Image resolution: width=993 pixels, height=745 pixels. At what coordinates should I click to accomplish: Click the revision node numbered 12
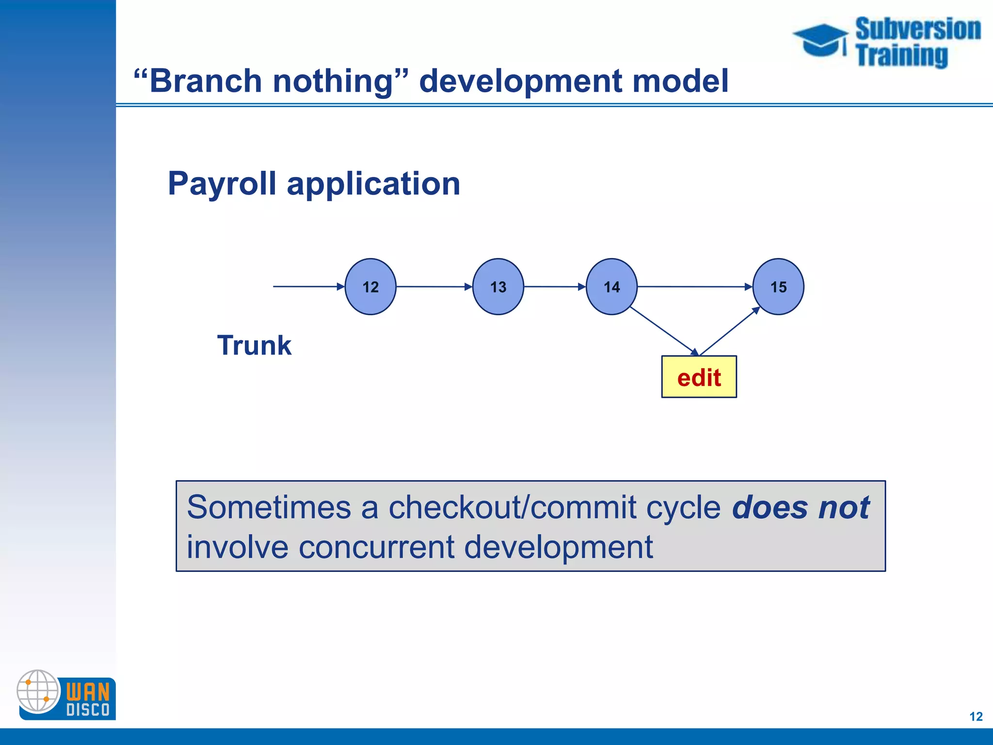coord(370,287)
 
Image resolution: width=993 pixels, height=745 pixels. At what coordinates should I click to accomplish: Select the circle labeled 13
coord(498,287)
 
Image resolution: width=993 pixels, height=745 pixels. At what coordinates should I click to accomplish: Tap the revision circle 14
coord(611,287)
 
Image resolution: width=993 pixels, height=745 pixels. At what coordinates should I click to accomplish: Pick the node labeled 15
coord(778,287)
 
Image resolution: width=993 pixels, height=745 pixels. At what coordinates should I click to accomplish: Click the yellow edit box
coord(699,377)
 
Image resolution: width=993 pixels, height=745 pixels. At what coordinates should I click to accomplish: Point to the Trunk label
coord(254,345)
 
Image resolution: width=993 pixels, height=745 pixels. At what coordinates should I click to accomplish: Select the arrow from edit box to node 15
coord(730,331)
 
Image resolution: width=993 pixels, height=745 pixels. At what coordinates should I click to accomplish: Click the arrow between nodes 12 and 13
coord(434,287)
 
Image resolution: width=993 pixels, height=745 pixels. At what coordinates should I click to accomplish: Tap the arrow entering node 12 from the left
coord(308,287)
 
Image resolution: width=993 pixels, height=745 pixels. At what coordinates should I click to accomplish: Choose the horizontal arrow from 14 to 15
coord(694,287)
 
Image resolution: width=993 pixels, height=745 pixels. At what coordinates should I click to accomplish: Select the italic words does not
coord(801,507)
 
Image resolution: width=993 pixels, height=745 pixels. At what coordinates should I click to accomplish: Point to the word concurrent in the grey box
coord(376,547)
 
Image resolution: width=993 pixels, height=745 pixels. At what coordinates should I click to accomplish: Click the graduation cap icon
coord(821,40)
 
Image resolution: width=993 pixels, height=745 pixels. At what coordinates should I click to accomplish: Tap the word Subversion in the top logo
coord(918,29)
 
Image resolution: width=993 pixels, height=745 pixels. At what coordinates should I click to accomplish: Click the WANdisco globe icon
coord(38,691)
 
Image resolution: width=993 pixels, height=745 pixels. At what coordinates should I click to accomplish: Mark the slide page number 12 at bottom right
coord(976,716)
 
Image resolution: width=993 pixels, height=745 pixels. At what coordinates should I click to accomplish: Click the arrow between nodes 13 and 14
coord(555,287)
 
